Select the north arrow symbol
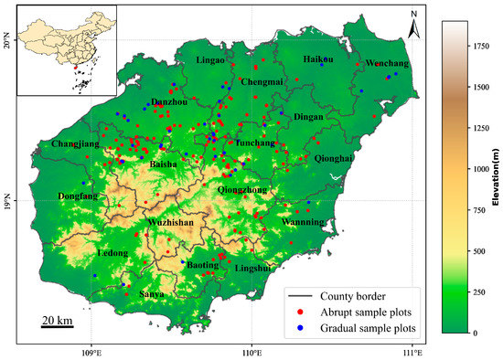[x=413, y=27]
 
